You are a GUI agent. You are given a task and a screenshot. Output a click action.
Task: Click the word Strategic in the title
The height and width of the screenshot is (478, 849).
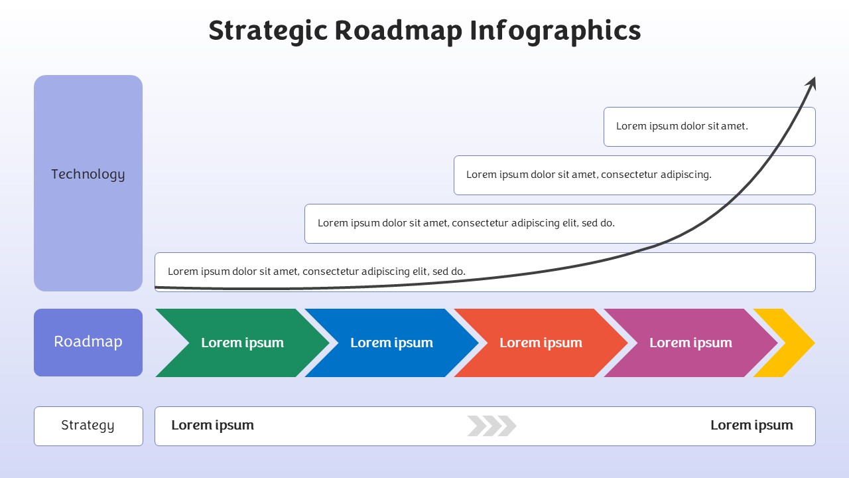(267, 31)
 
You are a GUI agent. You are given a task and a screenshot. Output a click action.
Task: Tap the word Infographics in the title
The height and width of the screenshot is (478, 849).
(555, 31)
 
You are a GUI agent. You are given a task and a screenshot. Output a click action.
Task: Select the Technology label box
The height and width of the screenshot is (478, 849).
(88, 183)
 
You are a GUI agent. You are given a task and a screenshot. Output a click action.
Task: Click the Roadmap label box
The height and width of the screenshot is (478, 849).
(88, 343)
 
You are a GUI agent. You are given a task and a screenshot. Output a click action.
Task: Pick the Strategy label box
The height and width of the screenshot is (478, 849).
(88, 426)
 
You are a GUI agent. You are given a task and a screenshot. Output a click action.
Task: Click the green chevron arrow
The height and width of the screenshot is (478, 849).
(243, 343)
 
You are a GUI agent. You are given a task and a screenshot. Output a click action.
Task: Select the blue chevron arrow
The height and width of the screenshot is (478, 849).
(392, 343)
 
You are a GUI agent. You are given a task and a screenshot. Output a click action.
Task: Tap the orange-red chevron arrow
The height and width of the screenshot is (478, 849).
(541, 343)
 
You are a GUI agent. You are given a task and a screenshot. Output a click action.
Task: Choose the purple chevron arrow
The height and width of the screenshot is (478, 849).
(690, 343)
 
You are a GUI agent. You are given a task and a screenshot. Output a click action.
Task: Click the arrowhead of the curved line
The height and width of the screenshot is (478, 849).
(811, 84)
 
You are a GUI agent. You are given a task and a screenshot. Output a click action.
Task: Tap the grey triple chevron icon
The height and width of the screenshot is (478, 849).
(491, 426)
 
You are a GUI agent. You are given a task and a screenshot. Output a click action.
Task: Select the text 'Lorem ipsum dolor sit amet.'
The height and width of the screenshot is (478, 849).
(682, 126)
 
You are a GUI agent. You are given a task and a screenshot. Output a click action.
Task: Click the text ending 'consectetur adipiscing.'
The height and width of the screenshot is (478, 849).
(588, 175)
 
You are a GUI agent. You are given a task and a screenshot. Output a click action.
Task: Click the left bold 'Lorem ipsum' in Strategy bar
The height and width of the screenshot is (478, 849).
(213, 426)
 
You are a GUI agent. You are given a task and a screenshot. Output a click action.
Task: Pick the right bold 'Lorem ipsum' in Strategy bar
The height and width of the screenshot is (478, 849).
(751, 426)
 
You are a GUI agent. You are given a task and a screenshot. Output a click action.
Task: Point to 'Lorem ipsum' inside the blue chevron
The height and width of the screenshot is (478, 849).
(391, 343)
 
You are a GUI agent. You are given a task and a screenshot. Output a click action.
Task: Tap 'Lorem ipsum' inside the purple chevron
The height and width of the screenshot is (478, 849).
(690, 343)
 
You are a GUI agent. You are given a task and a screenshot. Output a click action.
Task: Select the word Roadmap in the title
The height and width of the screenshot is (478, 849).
(399, 31)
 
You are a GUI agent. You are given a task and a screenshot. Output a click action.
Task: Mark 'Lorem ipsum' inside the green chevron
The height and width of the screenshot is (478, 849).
(242, 343)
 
